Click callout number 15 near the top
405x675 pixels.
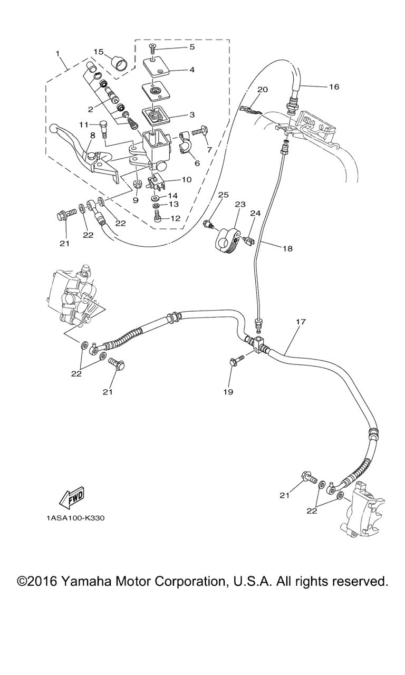99,52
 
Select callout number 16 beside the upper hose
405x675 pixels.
334,87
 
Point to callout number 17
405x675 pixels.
301,322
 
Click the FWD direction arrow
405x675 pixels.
71,497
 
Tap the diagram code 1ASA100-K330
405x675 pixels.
75,518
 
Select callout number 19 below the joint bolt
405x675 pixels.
228,391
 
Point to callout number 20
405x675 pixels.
263,90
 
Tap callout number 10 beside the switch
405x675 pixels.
187,180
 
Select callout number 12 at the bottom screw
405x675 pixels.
175,218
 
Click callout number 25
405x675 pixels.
224,195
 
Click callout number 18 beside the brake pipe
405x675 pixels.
287,248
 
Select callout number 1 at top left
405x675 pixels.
57,54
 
